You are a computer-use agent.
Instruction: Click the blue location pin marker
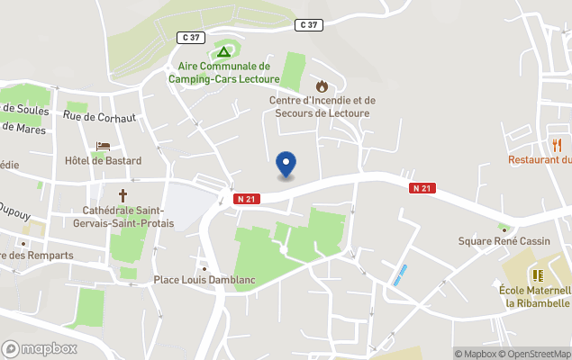[x=286, y=164]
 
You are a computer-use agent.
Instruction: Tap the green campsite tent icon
[x=223, y=51]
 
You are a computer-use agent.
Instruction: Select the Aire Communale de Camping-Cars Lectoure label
[x=223, y=72]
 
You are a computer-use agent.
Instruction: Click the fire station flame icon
[x=322, y=86]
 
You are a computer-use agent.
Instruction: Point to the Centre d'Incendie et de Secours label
[x=322, y=106]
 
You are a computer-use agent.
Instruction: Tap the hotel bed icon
[x=103, y=146]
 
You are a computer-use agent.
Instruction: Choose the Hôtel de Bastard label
[x=104, y=161]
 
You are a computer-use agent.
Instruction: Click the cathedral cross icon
[x=123, y=194]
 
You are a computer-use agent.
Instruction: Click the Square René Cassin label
[x=503, y=241]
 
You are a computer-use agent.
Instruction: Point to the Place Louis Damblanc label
[x=204, y=280]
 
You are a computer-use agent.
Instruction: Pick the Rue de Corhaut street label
[x=99, y=116]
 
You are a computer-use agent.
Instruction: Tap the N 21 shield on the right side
[x=422, y=188]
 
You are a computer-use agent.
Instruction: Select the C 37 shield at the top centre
[x=308, y=25]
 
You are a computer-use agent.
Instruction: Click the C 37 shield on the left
[x=192, y=37]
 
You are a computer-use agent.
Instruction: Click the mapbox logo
[x=40, y=348]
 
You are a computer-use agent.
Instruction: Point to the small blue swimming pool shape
[x=400, y=274]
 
